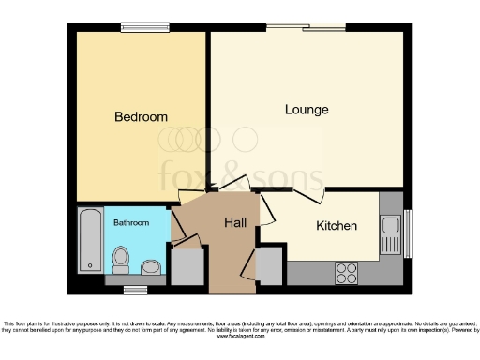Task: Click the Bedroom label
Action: (141, 117)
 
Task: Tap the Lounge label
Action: (307, 110)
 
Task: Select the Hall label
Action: (235, 222)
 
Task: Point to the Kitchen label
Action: (336, 226)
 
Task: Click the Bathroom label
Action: (131, 223)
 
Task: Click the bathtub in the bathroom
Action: (90, 241)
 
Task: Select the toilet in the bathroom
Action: (120, 257)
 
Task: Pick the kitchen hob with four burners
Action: (346, 273)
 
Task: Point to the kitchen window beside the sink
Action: (407, 232)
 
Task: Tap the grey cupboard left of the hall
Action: (186, 266)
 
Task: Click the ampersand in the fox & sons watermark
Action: (240, 175)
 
